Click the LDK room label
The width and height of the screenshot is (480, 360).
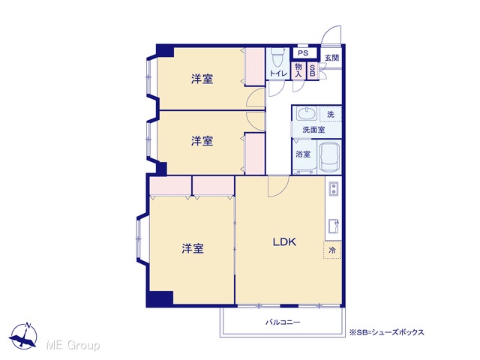tap(284, 242)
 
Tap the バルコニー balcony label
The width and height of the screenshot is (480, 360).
tap(283, 322)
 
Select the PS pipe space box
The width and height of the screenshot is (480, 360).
tap(303, 53)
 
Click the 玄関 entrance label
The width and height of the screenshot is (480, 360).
tap(331, 58)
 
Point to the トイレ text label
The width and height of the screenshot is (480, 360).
tap(278, 73)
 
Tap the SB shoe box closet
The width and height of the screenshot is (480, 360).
tap(313, 71)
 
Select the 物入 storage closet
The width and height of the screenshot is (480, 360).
tap(298, 70)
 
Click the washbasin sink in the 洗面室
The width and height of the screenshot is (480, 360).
tap(307, 114)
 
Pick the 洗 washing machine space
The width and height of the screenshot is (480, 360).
tap(331, 114)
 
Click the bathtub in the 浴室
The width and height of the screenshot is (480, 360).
tap(329, 157)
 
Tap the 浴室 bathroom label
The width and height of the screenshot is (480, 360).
tap(303, 154)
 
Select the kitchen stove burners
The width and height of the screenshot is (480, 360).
tap(333, 188)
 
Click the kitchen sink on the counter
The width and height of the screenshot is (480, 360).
tap(333, 226)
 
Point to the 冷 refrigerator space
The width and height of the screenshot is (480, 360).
tap(332, 250)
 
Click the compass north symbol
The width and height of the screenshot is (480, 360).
tap(23, 336)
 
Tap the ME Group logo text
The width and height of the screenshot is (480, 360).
tap(73, 345)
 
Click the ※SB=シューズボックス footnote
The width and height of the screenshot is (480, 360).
tap(387, 332)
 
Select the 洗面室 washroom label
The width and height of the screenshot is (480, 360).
tap(313, 130)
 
